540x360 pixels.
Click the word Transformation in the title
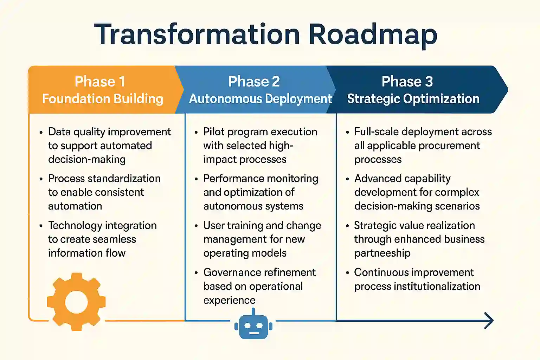click(x=197, y=34)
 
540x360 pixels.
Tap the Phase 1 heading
click(x=100, y=82)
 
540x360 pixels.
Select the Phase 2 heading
click(x=254, y=82)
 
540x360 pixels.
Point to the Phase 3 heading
click(x=407, y=82)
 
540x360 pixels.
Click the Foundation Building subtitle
click(x=102, y=99)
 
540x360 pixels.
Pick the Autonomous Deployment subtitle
click(x=260, y=99)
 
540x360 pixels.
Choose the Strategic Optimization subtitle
click(x=413, y=99)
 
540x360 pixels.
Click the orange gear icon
click(x=76, y=302)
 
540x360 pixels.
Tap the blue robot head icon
click(x=253, y=326)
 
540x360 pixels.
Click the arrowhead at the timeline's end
click(x=489, y=321)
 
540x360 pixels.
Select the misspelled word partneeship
click(x=382, y=253)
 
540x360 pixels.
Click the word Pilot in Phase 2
click(x=214, y=132)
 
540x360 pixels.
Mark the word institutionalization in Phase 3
click(x=437, y=286)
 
